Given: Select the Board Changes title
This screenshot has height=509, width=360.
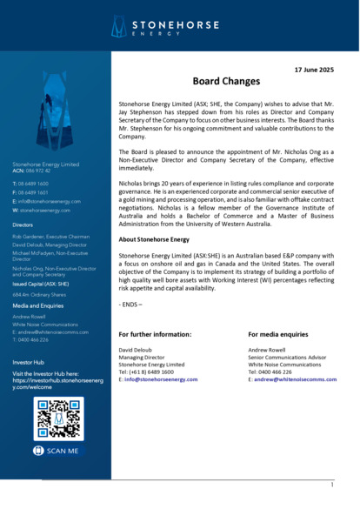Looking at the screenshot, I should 226,81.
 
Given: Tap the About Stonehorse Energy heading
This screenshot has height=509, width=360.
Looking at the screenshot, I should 154,238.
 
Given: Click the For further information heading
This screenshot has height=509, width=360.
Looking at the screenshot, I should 156,334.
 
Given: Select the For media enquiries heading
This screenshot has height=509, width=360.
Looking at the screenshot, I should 278,334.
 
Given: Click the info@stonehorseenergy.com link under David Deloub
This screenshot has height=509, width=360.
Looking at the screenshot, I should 161,379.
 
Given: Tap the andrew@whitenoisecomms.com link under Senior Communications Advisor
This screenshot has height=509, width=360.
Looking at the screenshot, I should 292,379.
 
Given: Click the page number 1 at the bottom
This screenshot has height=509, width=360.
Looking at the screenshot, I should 331,484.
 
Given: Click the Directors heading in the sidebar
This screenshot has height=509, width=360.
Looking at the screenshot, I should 23,224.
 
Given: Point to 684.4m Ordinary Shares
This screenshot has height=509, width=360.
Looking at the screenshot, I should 39,295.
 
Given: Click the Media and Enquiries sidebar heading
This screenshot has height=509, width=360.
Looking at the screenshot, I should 37,306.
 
